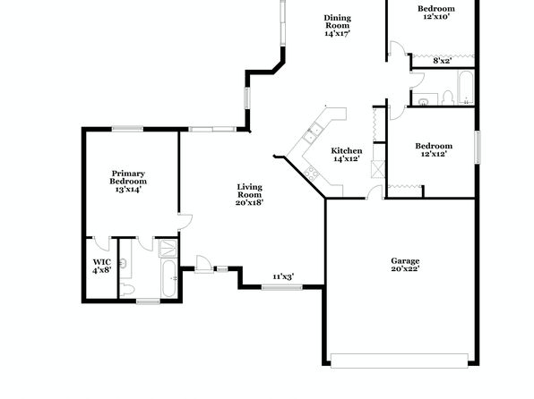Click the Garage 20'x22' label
(x=405, y=265)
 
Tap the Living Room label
(x=250, y=195)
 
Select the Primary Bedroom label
(x=128, y=182)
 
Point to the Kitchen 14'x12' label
(x=347, y=155)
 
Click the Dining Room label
(x=337, y=26)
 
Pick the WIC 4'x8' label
(x=102, y=267)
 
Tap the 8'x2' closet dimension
(x=442, y=61)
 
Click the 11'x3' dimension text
(x=283, y=277)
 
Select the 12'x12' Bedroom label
(x=434, y=149)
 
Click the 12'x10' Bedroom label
(x=436, y=13)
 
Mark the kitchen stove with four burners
(x=311, y=173)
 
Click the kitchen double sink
(x=313, y=133)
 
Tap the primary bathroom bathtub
(x=169, y=278)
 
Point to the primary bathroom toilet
(x=127, y=290)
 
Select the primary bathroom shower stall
(x=168, y=249)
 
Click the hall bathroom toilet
(x=447, y=98)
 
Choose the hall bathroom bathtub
(x=465, y=88)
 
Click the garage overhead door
(x=399, y=361)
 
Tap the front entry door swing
(x=203, y=264)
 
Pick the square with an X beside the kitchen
(x=378, y=169)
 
